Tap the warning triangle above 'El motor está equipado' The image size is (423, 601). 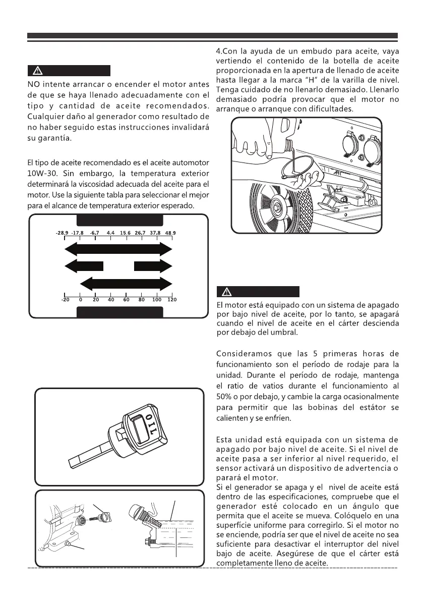pos(225,292)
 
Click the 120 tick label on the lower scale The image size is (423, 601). pos(171,299)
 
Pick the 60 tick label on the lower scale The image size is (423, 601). pos(126,299)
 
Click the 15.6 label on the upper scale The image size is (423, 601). pos(126,233)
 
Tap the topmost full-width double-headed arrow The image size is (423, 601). pos(118,249)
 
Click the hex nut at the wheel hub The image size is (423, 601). pos(278,206)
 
